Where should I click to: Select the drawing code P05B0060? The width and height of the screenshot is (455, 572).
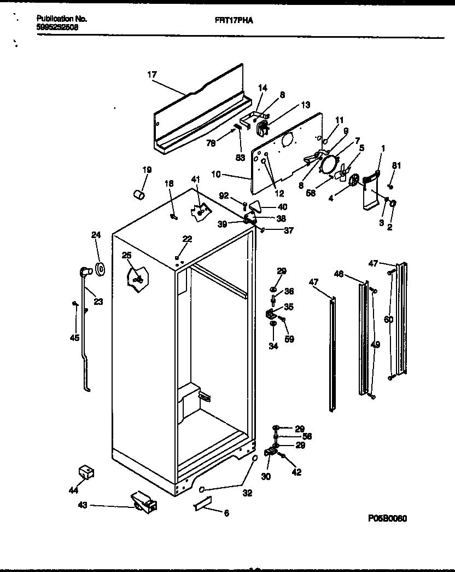pos(388,518)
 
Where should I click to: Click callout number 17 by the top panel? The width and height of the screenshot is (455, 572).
pos(152,75)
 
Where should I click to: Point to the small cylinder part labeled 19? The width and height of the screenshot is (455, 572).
pos(139,194)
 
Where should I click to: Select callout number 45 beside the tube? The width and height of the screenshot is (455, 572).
pos(74,338)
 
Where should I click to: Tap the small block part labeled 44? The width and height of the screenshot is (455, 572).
pos(85,471)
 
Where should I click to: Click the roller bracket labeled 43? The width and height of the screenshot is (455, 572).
pos(143,502)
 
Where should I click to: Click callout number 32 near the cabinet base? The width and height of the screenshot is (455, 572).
pos(247,493)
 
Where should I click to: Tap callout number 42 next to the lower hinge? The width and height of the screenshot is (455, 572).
pos(296,472)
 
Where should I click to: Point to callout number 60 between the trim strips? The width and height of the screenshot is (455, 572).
pos(388,334)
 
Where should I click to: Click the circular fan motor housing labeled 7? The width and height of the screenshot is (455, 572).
pos(329,163)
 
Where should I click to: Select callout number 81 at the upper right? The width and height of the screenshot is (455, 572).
pos(396,166)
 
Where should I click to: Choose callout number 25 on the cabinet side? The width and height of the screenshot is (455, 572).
pos(126,255)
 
